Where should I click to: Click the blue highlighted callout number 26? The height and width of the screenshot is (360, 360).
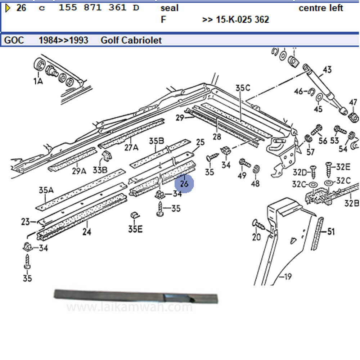tap(184, 184)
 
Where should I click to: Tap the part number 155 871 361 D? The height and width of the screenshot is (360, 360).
tap(99, 8)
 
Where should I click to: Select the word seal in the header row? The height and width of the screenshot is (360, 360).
tap(169, 8)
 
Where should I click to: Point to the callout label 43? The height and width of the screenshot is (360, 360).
tap(327, 69)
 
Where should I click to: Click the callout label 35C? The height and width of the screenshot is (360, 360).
tap(243, 87)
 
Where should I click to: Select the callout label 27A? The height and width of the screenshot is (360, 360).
tap(131, 147)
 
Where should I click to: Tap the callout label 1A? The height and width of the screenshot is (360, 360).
tap(38, 81)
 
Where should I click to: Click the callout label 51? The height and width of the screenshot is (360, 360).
tap(330, 231)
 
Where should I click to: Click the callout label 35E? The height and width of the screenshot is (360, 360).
tap(135, 229)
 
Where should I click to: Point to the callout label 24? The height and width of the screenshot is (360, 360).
tap(86, 232)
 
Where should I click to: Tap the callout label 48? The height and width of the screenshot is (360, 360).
tap(255, 184)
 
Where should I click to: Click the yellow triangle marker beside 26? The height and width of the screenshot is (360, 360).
tap(8, 8)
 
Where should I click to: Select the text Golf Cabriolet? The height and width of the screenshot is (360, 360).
tap(131, 40)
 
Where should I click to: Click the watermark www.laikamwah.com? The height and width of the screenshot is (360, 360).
tap(130, 307)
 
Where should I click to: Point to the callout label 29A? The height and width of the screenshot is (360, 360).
tap(79, 171)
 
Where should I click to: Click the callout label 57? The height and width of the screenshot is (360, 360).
tap(310, 152)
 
